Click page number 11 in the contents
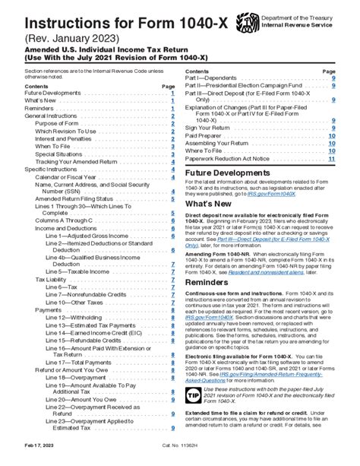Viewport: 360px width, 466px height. (332, 159)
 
